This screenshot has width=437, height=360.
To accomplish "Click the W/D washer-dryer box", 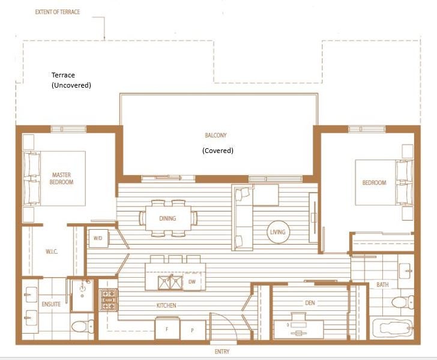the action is click(98, 238).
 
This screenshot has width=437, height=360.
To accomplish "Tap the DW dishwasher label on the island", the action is click(192, 282).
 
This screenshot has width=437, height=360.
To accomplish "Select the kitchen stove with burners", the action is click(109, 299).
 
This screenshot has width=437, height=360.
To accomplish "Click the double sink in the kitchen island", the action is click(170, 282).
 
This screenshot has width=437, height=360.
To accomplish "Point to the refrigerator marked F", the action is click(167, 329).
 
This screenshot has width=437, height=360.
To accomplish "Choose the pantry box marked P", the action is click(193, 330).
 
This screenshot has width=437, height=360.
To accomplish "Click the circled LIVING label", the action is click(278, 232).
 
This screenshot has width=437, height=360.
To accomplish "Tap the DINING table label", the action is click(167, 218).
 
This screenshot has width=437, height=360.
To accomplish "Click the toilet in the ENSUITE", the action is click(83, 326).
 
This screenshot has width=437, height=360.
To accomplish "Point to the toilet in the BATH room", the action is click(403, 302).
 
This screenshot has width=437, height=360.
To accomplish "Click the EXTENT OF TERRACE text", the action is click(58, 12).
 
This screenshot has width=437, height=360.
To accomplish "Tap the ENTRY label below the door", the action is click(222, 352).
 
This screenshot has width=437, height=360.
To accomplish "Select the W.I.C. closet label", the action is click(52, 252).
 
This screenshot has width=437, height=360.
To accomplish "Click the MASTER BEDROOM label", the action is click(62, 178).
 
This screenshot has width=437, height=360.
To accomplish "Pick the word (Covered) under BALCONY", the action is click(218, 151).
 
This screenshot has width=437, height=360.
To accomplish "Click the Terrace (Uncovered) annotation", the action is click(71, 80).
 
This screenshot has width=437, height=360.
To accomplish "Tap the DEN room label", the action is click(310, 303).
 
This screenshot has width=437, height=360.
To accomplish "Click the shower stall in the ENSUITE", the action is click(82, 295).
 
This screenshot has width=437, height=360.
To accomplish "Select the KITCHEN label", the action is click(166, 305).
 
